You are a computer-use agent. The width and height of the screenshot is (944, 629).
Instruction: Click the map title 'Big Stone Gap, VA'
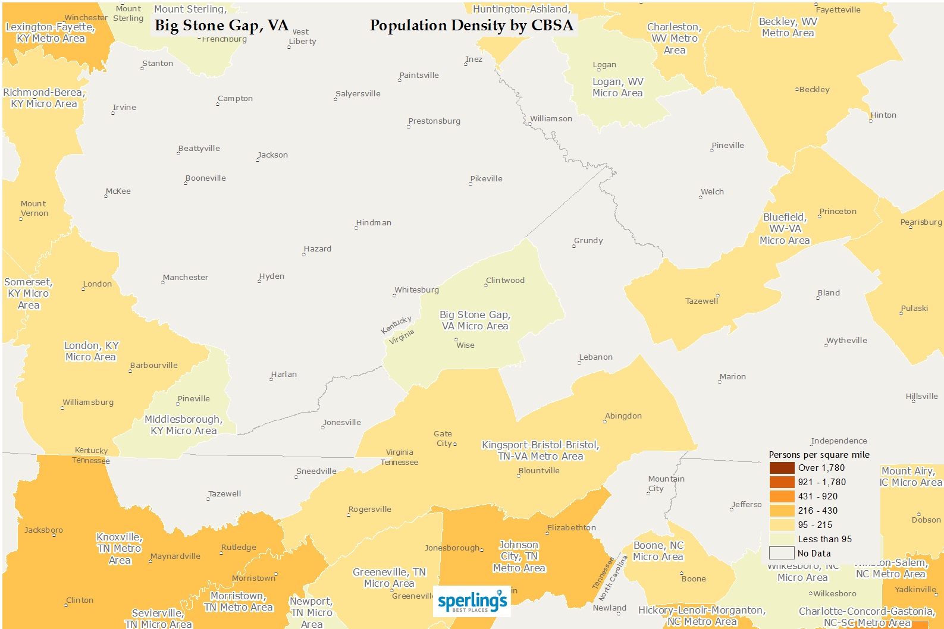221,26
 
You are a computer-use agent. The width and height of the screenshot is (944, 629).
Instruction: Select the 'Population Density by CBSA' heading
471,26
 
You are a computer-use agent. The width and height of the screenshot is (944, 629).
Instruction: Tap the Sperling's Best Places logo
472,602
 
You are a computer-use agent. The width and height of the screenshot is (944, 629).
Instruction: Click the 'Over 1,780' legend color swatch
782,468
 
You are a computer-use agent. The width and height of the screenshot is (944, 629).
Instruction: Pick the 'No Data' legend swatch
782,553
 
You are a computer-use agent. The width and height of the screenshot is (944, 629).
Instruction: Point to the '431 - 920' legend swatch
782,496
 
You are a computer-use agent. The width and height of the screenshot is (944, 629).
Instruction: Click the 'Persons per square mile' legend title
819,455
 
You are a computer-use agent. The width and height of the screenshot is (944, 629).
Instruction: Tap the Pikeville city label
487,179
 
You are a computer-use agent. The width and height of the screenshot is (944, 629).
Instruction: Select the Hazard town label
318,249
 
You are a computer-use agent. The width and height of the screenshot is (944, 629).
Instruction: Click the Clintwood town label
506,281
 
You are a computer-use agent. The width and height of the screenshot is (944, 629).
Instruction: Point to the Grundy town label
588,241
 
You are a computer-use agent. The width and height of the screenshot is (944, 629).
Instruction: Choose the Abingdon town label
623,416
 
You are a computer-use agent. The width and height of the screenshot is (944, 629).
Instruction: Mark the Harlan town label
284,375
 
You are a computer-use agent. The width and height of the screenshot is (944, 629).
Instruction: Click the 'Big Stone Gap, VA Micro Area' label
475,320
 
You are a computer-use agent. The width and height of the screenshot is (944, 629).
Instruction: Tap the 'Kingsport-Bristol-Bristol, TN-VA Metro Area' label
540,451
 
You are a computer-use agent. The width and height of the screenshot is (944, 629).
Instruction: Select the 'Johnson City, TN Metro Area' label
519,556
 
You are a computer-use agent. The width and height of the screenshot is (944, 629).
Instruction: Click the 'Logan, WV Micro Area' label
617,87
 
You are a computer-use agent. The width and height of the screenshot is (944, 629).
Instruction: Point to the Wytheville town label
846,341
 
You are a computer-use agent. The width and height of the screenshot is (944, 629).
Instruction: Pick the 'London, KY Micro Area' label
91,351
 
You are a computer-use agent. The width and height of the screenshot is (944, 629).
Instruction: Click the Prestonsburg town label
434,121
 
